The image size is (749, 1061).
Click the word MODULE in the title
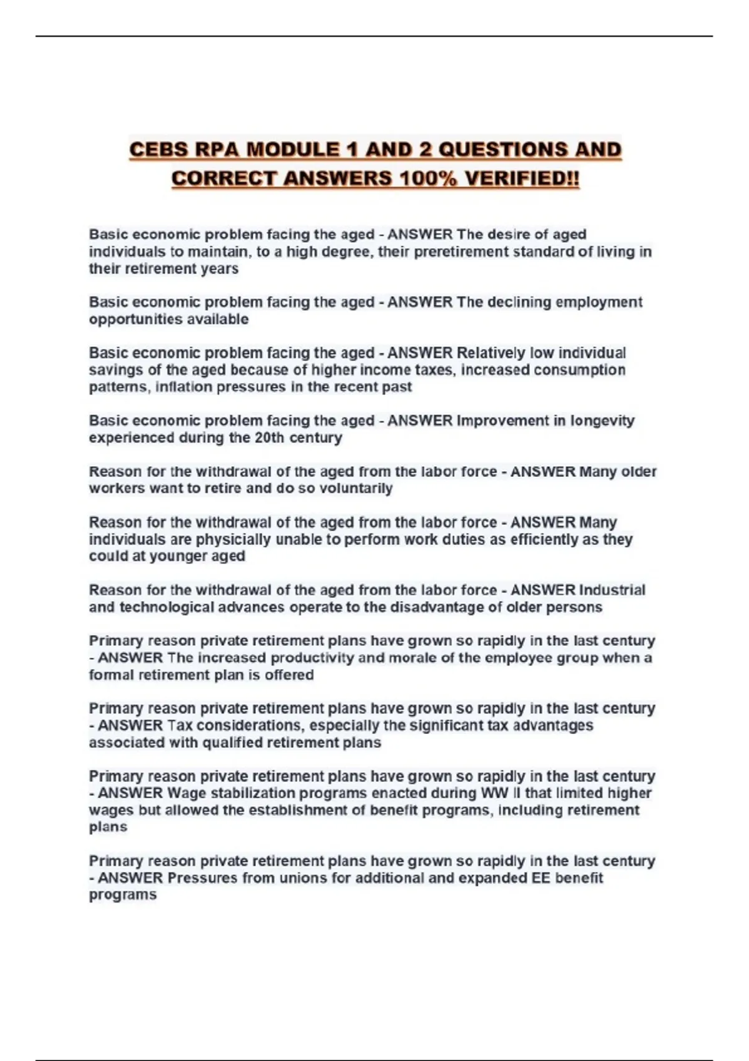pos(291,150)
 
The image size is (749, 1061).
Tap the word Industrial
pos(612,590)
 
